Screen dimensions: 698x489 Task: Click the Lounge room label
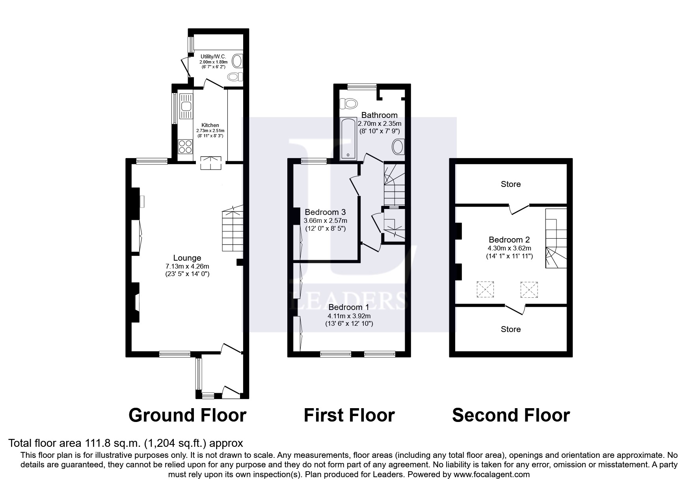pyautogui.click(x=187, y=258)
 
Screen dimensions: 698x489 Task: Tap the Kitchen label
pyautogui.click(x=210, y=125)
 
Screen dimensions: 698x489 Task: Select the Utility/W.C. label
pyautogui.click(x=213, y=57)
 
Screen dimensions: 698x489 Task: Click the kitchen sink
pyautogui.click(x=185, y=106)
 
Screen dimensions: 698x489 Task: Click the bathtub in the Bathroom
pyautogui.click(x=348, y=139)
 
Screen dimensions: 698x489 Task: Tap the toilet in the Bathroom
pyautogui.click(x=348, y=103)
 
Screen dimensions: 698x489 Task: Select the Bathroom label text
pyautogui.click(x=379, y=115)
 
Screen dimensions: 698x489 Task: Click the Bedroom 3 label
pyautogui.click(x=325, y=212)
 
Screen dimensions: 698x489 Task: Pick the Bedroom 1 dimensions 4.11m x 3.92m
pyautogui.click(x=349, y=316)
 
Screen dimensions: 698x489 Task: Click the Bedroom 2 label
pyautogui.click(x=509, y=240)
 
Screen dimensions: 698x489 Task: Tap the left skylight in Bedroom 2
pyautogui.click(x=485, y=289)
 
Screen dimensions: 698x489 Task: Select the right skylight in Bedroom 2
pyautogui.click(x=529, y=289)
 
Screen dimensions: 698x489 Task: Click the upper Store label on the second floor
pyautogui.click(x=511, y=184)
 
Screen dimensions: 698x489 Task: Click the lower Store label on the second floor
pyautogui.click(x=511, y=329)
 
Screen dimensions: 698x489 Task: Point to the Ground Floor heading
pyautogui.click(x=188, y=415)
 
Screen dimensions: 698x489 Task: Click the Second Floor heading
pyautogui.click(x=511, y=415)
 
